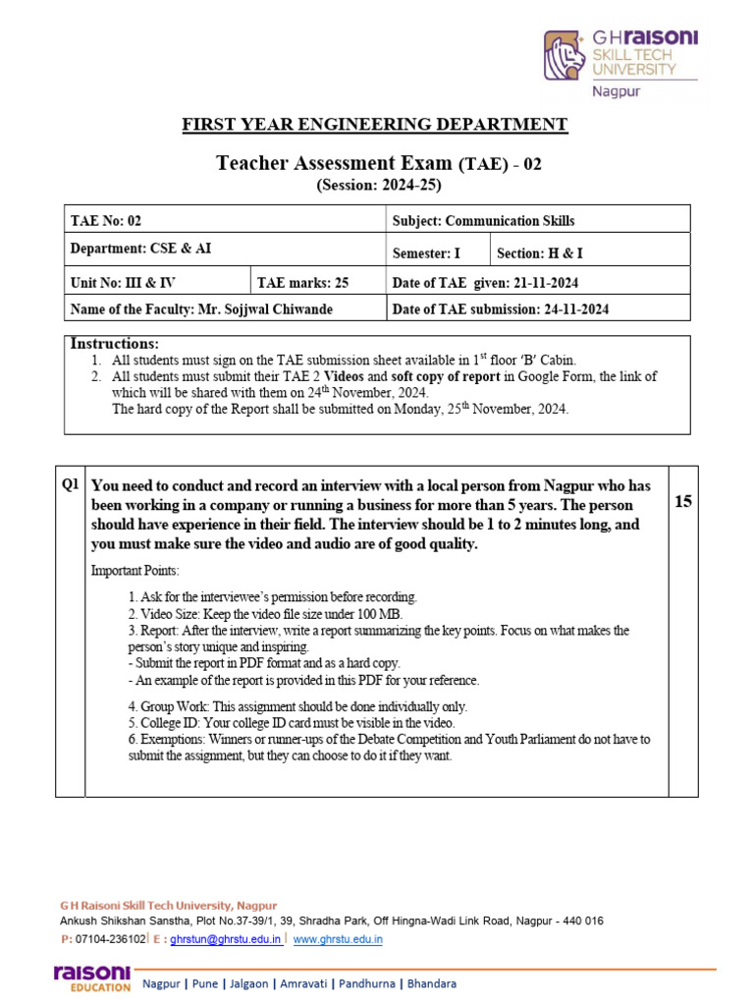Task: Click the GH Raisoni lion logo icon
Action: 565,55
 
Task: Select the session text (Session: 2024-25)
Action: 378,185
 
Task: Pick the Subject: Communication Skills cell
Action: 483,221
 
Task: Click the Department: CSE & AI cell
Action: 140,250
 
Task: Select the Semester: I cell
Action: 426,253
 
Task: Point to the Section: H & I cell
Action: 540,253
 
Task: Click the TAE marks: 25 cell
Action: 302,283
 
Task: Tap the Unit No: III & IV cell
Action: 123,283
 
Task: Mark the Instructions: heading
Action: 114,344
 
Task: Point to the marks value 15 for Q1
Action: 683,502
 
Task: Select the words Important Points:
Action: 135,571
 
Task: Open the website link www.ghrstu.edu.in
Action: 338,939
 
